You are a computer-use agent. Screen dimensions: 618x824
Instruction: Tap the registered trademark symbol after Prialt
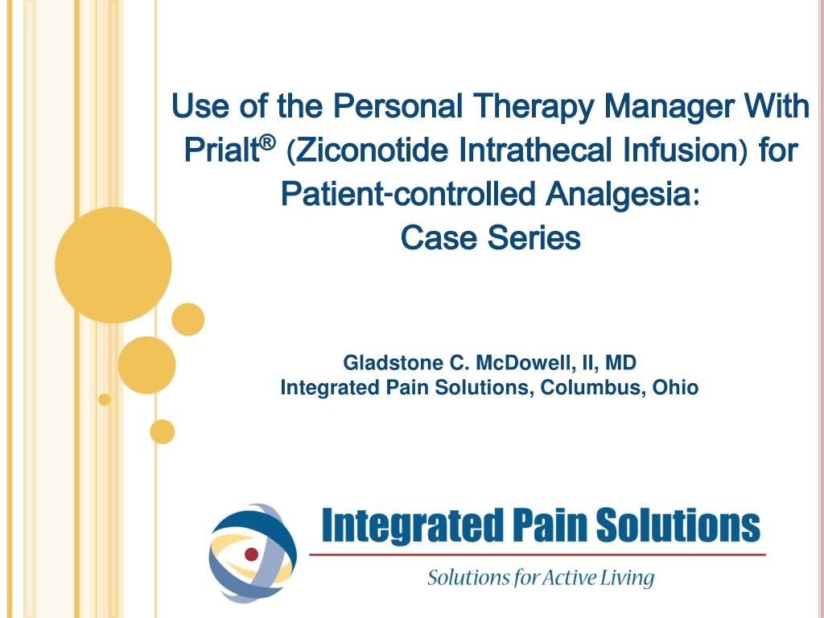[268, 143]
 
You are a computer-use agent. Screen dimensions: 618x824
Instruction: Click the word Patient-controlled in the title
[409, 194]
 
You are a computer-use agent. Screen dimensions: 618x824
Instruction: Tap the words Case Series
[490, 238]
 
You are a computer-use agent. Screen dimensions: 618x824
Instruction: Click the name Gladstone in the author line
[384, 363]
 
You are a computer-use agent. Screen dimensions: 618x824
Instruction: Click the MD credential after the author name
[623, 363]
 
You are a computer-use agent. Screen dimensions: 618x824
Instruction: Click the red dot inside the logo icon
[251, 554]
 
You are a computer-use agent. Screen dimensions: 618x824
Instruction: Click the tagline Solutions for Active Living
[541, 578]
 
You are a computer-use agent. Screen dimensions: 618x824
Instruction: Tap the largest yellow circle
[113, 265]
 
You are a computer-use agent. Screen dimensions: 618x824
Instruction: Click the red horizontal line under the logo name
[538, 554]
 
